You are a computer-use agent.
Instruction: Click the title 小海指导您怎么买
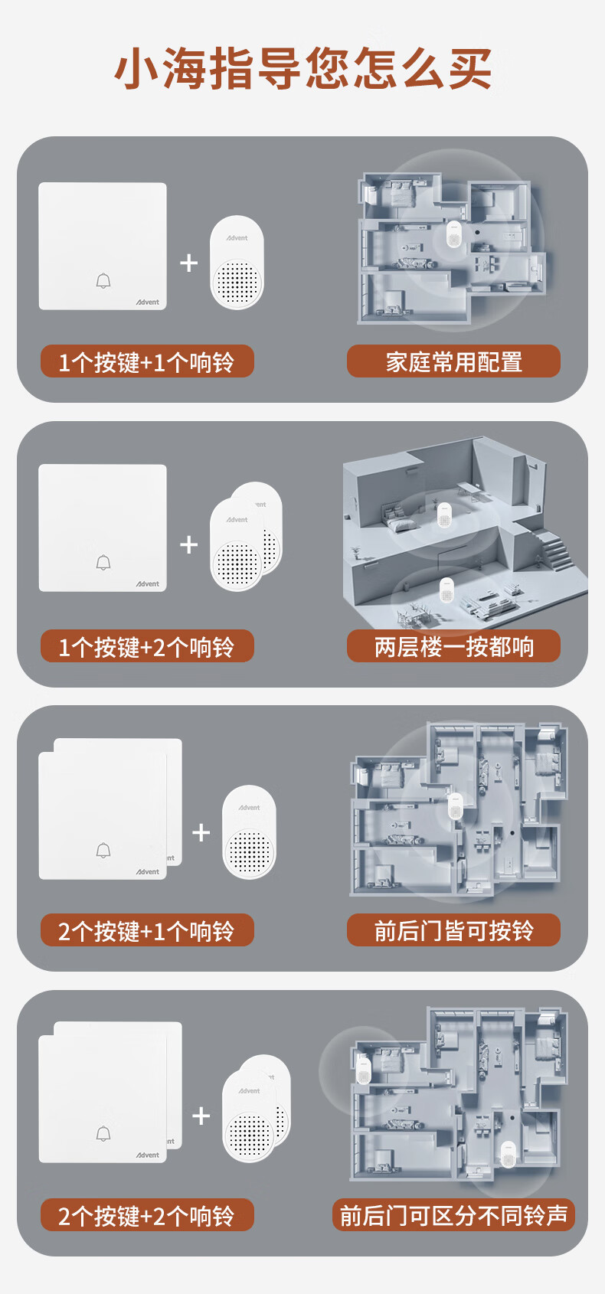(302, 68)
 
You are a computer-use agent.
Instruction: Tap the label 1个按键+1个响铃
(147, 362)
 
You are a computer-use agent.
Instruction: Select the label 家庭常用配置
(453, 361)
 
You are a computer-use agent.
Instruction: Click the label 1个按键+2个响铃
(147, 647)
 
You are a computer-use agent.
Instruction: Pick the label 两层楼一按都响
(453, 646)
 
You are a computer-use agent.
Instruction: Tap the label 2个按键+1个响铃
(147, 931)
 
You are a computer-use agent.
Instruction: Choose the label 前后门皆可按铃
(453, 930)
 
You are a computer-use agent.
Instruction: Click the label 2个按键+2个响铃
(147, 1216)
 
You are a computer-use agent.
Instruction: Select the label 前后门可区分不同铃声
(453, 1215)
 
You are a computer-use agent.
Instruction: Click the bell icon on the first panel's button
(103, 281)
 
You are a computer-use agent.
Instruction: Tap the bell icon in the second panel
(103, 563)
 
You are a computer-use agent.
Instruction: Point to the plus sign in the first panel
(188, 263)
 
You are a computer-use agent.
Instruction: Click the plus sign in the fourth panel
(201, 1116)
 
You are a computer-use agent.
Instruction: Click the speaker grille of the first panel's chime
(237, 284)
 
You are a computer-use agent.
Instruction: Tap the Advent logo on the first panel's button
(148, 302)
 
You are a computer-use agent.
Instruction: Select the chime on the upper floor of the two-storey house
(443, 515)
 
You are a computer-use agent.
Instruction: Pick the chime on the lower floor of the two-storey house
(446, 590)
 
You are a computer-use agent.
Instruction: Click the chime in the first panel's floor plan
(453, 234)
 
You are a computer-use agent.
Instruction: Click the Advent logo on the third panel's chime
(249, 808)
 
